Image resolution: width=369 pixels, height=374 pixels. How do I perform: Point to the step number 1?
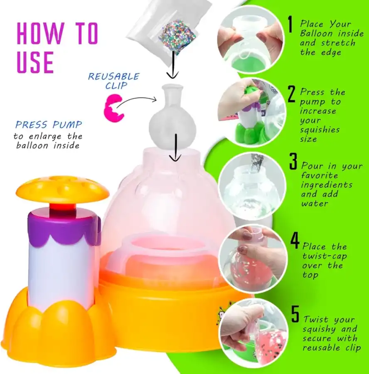point(290,24)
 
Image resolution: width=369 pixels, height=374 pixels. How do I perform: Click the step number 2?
point(291,94)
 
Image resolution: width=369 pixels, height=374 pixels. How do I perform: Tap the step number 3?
point(293,162)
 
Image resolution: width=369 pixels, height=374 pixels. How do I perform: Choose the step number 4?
point(295,241)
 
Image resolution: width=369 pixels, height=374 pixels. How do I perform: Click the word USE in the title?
point(35,62)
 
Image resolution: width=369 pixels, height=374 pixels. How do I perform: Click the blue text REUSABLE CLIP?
point(114,81)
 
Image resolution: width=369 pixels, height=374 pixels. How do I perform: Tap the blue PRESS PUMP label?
point(49,125)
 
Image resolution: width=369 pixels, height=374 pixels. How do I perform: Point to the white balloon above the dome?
point(172,117)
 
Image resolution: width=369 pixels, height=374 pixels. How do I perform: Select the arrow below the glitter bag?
point(172,64)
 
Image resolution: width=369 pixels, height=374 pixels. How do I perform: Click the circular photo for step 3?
point(252,186)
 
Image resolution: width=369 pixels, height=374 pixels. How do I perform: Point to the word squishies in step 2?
point(320,130)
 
